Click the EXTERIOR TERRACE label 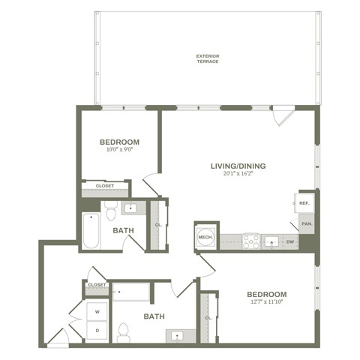click(x=208, y=58)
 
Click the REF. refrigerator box click(x=305, y=203)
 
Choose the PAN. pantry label click(x=306, y=223)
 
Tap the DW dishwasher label click(x=289, y=241)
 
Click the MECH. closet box click(x=205, y=237)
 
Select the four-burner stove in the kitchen click(x=250, y=241)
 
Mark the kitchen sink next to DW click(x=271, y=241)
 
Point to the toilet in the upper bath click(x=110, y=207)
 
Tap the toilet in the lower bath click(x=124, y=329)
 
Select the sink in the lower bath click(x=179, y=335)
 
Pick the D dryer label click(x=97, y=328)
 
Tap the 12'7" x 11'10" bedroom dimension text click(x=266, y=303)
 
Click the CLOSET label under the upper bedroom click(x=104, y=185)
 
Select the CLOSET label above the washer click(x=97, y=285)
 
